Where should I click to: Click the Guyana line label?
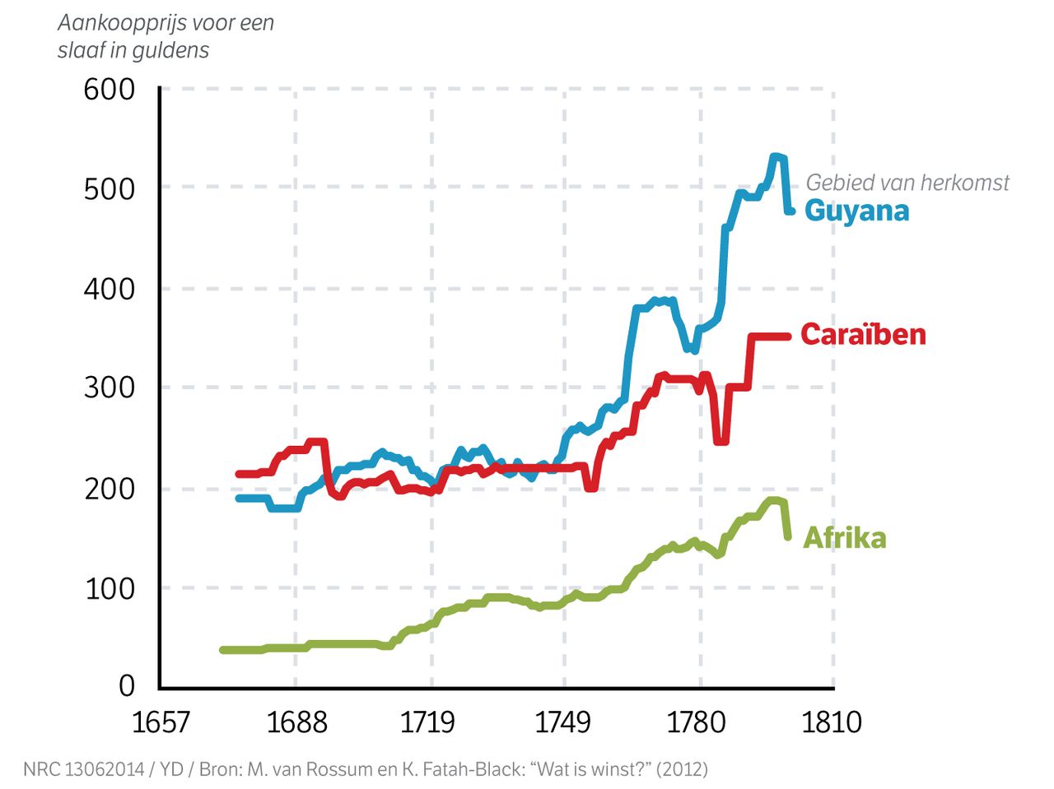(x=856, y=211)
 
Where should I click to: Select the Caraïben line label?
(x=863, y=334)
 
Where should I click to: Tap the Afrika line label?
(x=844, y=538)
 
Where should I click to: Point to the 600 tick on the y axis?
(x=110, y=89)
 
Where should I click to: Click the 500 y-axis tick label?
(x=110, y=188)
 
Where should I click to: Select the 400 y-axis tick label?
(x=110, y=289)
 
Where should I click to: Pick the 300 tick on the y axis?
(x=110, y=388)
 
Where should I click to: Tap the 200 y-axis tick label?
(x=110, y=489)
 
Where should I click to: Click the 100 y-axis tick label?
(x=110, y=588)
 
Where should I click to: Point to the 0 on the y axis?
(x=127, y=685)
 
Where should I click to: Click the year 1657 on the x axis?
(x=161, y=722)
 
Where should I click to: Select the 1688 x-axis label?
(x=296, y=722)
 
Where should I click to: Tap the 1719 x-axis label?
(x=427, y=722)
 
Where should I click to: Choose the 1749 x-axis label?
(x=563, y=722)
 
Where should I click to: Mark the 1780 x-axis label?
(x=697, y=722)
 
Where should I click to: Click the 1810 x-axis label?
(x=831, y=722)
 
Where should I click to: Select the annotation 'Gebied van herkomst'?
(x=907, y=182)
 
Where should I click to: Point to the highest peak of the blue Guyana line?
(x=775, y=155)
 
